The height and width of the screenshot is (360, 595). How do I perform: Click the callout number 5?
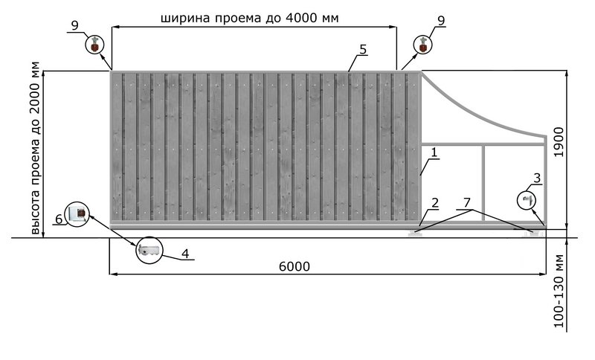[x=362, y=49]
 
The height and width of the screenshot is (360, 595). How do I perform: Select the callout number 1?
[x=434, y=152]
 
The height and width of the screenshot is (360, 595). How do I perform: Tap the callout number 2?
[x=434, y=202]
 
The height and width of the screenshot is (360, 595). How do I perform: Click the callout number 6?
[x=58, y=219]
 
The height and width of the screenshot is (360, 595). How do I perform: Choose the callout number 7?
[x=466, y=202]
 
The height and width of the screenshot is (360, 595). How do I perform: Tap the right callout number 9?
[x=441, y=20]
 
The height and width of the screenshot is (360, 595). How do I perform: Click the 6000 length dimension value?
[x=296, y=266]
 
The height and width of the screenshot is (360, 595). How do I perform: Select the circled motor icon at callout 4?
[x=148, y=251]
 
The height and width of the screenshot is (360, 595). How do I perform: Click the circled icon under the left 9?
[x=95, y=45]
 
